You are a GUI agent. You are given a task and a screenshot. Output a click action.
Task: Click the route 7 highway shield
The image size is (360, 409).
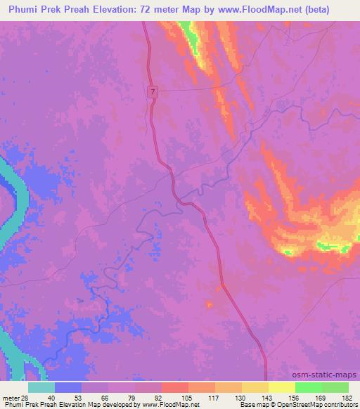(153, 93)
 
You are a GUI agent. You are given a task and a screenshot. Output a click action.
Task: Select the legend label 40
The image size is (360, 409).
(51, 397)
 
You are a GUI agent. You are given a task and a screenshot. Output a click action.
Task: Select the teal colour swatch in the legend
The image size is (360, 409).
(41, 387)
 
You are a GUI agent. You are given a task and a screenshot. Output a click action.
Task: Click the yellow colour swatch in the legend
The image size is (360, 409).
(281, 387)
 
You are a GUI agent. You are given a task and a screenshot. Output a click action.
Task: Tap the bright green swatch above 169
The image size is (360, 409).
(308, 387)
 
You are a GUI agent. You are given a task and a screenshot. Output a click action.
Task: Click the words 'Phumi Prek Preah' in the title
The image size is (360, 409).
(44, 10)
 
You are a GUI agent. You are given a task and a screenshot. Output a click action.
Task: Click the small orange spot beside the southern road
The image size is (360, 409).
(208, 304)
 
